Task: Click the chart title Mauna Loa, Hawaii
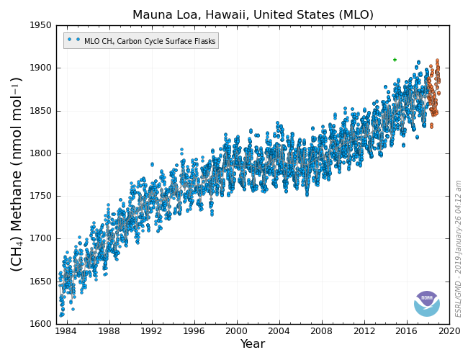(x=253, y=14)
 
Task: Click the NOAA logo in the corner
(x=427, y=303)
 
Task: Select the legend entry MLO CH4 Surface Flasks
(x=141, y=41)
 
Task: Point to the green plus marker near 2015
(x=395, y=60)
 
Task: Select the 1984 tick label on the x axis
(x=66, y=331)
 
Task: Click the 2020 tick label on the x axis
(x=449, y=331)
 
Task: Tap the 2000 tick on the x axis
(x=236, y=331)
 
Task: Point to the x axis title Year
(x=253, y=345)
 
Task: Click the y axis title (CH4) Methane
(x=17, y=174)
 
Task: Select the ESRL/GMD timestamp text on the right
(x=459, y=248)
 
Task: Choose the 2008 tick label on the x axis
(x=322, y=331)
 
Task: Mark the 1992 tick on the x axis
(x=151, y=331)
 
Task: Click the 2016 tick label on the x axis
(x=407, y=331)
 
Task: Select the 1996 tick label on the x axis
(x=194, y=331)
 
